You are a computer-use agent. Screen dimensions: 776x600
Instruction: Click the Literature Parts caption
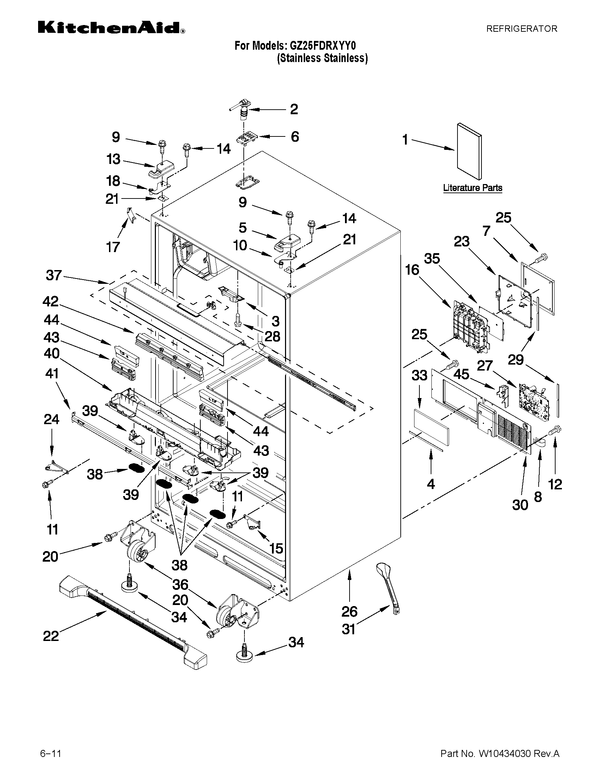pos(472,188)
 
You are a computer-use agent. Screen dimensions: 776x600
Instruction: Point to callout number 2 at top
pos(293,109)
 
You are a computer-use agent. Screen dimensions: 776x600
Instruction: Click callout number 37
pos(54,275)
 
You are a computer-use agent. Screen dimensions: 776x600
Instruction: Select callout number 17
pos(113,246)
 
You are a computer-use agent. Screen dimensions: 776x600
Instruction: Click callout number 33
pos(419,375)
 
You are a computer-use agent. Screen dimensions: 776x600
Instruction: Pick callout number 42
pos(50,302)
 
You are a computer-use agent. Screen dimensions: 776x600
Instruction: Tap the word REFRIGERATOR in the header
pos(521,29)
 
